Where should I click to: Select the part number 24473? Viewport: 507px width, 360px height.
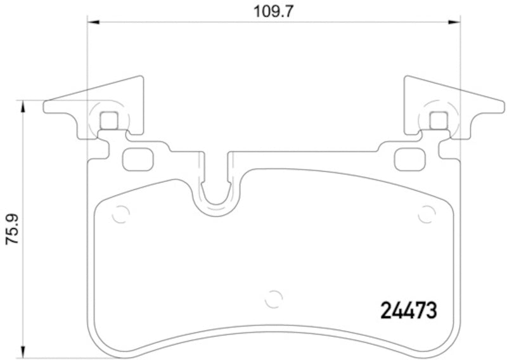[409, 311]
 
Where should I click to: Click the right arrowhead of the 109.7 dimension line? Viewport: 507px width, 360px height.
[454, 23]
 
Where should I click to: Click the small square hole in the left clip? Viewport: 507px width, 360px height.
[110, 120]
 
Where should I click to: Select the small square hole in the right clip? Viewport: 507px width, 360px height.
[438, 120]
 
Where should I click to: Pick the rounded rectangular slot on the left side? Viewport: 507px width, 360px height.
[136, 158]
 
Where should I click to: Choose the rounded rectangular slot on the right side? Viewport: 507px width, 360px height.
[409, 158]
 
